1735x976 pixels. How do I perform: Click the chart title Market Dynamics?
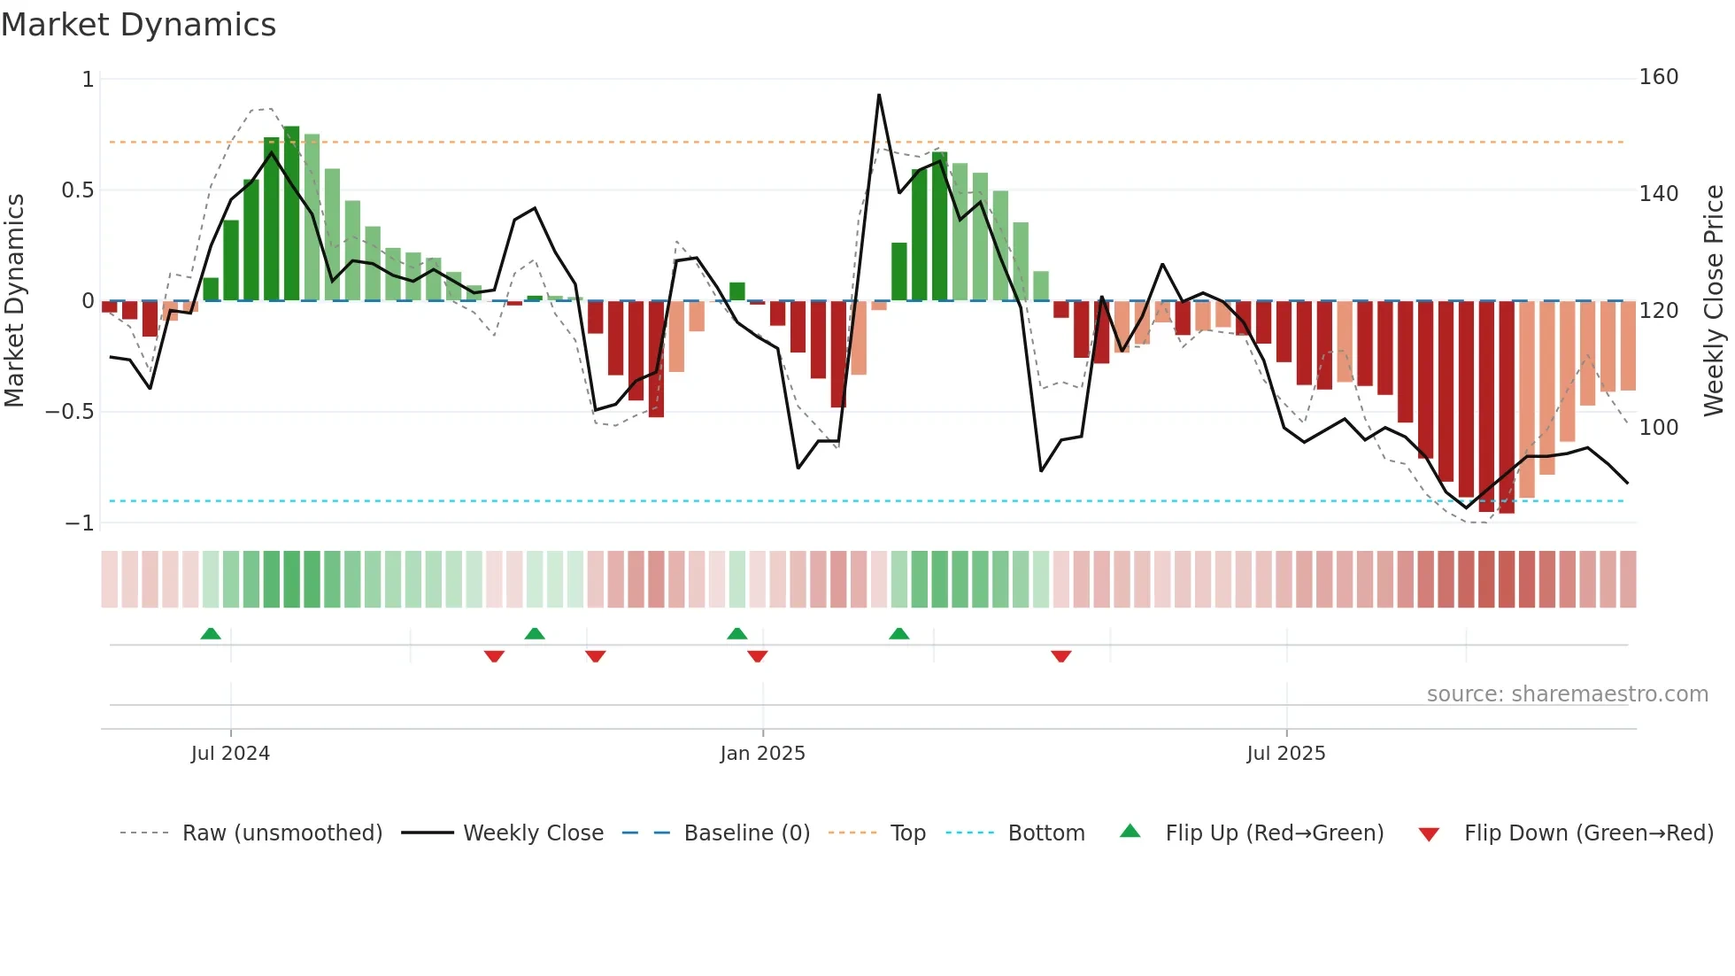coord(138,25)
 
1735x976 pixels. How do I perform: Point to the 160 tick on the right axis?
coord(1658,77)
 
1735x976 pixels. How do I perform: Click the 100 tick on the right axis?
coord(1658,427)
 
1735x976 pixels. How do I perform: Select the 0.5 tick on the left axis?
coord(77,190)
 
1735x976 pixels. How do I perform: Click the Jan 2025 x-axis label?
coord(762,754)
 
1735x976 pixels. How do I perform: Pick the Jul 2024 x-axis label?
coord(230,754)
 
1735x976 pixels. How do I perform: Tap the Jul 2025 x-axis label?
coord(1285,754)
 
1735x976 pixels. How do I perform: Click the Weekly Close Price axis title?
coord(1714,301)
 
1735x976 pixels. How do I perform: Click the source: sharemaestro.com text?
coord(1567,694)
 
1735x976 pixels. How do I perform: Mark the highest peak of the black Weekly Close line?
coord(879,95)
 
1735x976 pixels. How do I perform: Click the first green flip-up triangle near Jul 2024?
coord(211,633)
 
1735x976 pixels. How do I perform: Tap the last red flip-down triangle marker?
coord(1061,656)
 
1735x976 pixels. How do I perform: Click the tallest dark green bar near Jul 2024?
coord(291,213)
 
